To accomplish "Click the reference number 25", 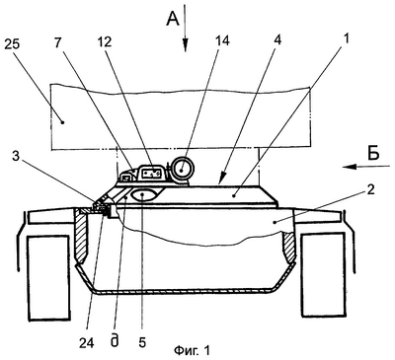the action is point(13,45).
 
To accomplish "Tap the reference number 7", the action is point(58,43).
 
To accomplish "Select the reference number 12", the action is point(106,42).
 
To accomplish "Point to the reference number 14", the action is point(222,41).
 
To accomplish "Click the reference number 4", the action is point(278,41).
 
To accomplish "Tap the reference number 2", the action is point(371,190).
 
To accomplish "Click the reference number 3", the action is point(16,156).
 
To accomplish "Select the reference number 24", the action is point(87,342).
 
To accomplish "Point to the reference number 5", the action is point(142,342).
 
